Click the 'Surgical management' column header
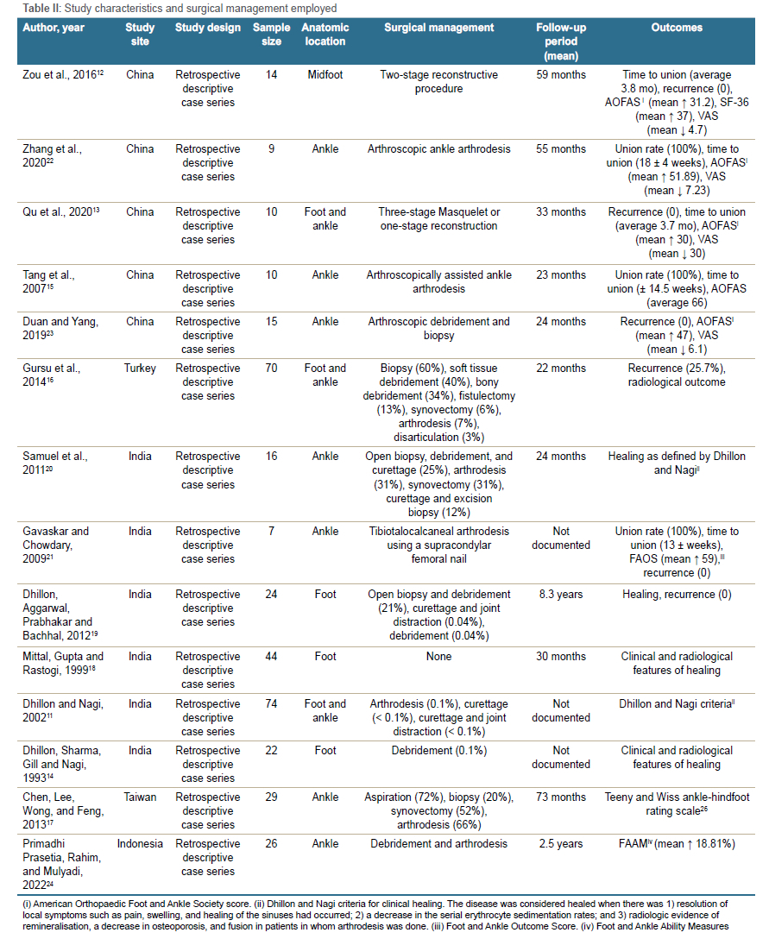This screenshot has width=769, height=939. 438,28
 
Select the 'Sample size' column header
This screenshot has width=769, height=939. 271,35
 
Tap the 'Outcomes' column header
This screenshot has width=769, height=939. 677,28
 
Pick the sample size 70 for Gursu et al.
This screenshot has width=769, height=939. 271,369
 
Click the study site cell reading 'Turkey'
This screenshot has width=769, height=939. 140,369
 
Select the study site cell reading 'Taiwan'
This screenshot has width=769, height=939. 140,797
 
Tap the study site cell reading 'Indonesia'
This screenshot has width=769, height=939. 140,844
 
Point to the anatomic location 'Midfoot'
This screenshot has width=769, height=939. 325,75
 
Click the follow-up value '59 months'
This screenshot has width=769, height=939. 561,75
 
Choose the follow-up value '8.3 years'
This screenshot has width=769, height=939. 561,595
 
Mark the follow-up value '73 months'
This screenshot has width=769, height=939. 561,797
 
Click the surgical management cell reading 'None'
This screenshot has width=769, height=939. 438,657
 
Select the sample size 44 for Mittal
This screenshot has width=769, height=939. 271,657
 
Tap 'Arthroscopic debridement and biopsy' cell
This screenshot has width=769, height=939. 438,329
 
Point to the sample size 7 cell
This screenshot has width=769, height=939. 271,532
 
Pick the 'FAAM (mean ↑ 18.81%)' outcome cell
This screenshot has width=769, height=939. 677,844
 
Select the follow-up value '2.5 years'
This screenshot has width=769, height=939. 561,844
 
